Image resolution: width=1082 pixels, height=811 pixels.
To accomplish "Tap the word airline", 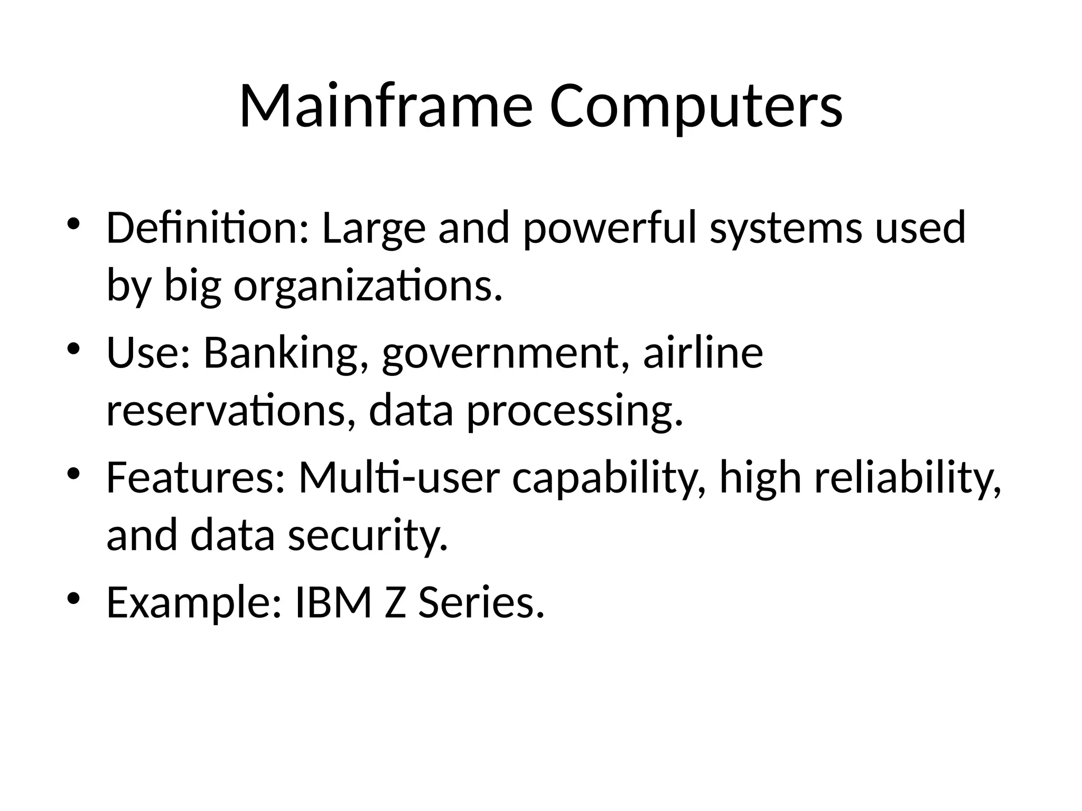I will (x=703, y=352).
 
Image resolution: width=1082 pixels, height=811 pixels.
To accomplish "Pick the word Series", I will (x=481, y=602).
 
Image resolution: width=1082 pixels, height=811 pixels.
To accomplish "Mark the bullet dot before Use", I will (x=73, y=348).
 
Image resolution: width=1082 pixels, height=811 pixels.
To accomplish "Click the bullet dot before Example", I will (x=73, y=598).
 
